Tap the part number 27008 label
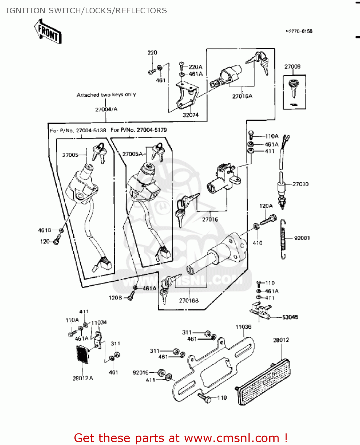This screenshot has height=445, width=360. click(292, 67)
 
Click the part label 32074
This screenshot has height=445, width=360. click(190, 115)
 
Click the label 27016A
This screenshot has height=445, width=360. click(242, 96)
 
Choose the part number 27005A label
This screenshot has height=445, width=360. click(133, 154)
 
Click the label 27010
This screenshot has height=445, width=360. click(300, 184)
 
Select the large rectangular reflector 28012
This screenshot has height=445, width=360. click(264, 382)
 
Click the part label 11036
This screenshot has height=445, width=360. click(243, 327)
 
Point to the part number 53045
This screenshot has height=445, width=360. click(290, 317)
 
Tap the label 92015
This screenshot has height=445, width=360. click(141, 373)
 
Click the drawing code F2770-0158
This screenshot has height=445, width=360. click(299, 31)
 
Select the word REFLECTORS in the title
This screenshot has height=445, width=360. click(141, 11)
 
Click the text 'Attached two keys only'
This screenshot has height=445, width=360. click(106, 95)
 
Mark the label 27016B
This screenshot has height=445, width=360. click(189, 301)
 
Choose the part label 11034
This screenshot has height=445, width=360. click(99, 323)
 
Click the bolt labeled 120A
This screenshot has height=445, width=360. click(268, 220)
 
